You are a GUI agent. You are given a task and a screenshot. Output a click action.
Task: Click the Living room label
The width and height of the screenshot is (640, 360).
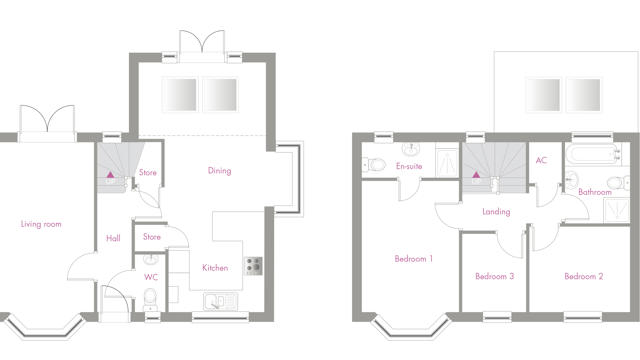41,224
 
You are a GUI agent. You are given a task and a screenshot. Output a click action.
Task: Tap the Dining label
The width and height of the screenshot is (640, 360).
220,171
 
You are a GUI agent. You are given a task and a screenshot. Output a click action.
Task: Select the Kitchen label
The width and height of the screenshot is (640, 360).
215,268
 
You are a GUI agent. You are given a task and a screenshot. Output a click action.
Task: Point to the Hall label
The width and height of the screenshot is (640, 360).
113,238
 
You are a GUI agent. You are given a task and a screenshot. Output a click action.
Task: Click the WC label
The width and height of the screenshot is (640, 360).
151,277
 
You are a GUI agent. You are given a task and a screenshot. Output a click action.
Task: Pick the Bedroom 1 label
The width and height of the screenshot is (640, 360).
413,258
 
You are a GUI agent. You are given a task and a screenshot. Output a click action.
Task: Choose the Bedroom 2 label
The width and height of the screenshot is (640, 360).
584,276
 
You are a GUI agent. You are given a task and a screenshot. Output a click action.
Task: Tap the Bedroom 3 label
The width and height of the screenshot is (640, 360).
494,276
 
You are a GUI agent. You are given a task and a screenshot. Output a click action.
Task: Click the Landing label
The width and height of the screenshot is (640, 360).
496,211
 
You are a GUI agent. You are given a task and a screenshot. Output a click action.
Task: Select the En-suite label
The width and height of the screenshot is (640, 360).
409,166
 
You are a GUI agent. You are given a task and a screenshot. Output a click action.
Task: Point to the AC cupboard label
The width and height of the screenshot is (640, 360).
541,160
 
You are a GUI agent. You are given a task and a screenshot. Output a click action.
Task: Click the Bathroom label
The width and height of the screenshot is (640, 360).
595,192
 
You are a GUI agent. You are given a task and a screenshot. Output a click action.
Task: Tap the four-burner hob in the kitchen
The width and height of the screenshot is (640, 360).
253,266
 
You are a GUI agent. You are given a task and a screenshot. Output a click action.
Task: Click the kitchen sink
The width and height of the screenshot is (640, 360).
220,301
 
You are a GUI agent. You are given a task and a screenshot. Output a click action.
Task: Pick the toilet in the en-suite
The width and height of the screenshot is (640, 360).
374,165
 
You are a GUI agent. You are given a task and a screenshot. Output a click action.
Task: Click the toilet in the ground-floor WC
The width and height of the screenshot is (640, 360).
150,299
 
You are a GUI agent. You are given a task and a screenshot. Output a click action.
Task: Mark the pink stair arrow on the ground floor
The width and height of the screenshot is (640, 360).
110,175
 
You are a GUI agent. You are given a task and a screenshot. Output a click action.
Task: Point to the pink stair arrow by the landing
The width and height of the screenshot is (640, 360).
476,175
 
